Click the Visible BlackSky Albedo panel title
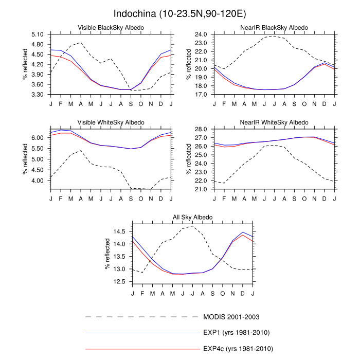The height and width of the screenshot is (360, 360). pos(111,27)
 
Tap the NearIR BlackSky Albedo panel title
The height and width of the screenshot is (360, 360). pos(275,27)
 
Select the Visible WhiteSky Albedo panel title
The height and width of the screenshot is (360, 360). pos(111,122)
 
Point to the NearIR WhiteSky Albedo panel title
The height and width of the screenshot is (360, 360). pos(275,122)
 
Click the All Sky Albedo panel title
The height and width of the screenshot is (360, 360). pos(192,218)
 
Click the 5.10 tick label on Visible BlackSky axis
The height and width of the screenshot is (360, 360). pos(39,34)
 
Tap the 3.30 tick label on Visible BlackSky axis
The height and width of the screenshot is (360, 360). pos(39,95)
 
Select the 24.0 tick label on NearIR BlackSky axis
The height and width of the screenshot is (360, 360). pos(201,34)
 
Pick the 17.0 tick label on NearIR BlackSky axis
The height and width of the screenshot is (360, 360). pos(201,95)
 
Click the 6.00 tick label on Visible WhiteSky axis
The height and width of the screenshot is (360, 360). pos(39,138)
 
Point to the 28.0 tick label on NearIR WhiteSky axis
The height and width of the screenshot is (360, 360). pos(201,129)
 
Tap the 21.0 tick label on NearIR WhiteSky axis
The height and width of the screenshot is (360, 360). pos(201,189)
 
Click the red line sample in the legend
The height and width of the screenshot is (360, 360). pos(141,349)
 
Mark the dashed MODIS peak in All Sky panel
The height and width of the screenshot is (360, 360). pos(192,226)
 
